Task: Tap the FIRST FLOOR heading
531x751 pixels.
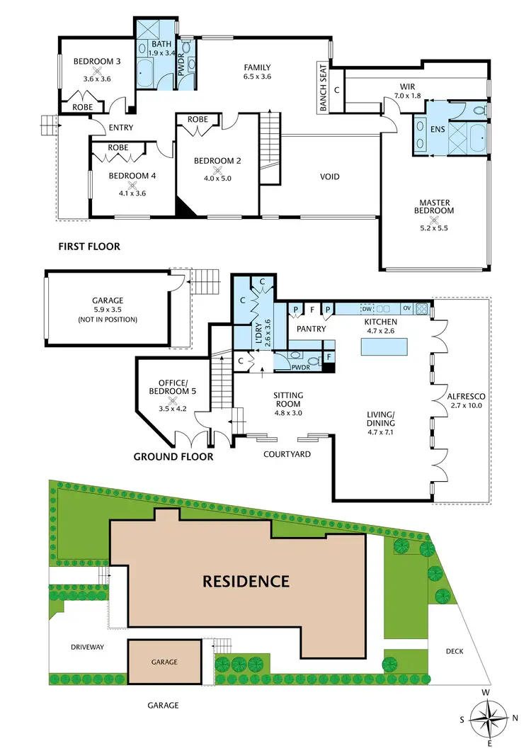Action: [90, 247]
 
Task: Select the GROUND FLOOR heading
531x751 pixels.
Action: [173, 457]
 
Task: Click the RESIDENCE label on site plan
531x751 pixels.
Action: [246, 582]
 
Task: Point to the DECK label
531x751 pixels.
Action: [455, 651]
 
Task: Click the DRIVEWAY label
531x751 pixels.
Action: [87, 647]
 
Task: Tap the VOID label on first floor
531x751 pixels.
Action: [330, 176]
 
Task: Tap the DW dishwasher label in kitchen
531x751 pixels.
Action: [367, 308]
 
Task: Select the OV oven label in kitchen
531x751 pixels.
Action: [406, 308]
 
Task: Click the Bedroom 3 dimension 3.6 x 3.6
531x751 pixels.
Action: [98, 79]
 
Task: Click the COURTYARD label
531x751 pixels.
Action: [287, 454]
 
